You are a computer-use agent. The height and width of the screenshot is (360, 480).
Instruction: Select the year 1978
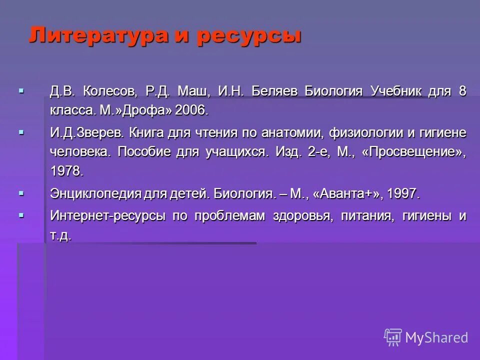[66, 171]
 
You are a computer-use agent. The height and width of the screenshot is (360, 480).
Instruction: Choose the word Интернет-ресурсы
[108, 216]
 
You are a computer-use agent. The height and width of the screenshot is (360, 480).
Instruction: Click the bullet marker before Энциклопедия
[21, 192]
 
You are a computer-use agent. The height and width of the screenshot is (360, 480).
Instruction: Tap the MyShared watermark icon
[393, 337]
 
